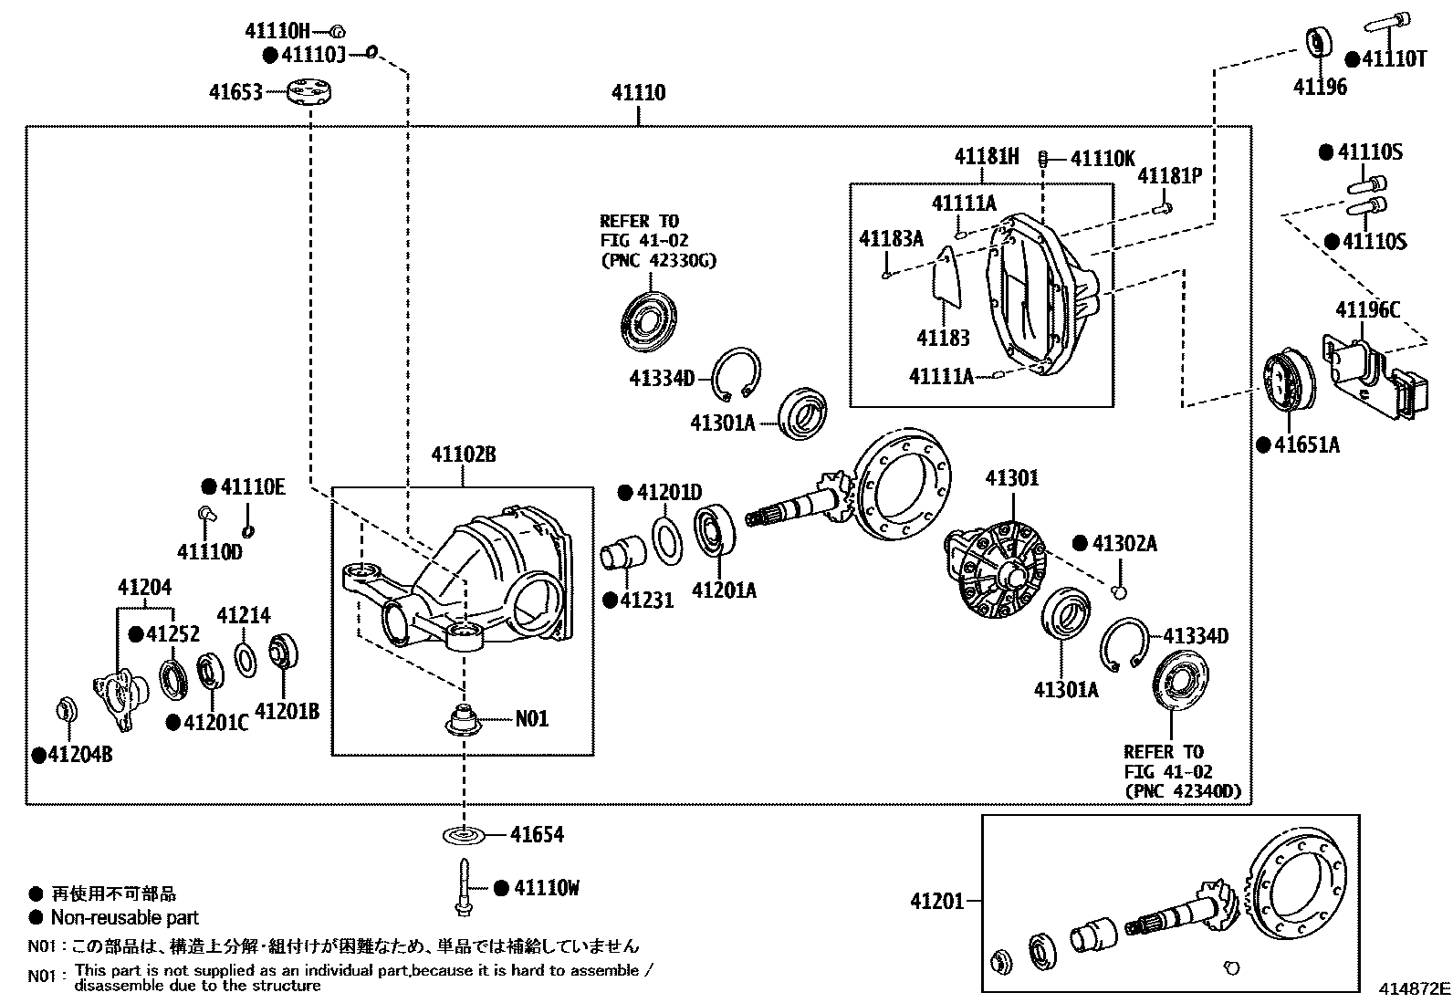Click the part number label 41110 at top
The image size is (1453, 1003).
click(x=638, y=93)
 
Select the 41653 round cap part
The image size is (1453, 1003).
click(x=308, y=91)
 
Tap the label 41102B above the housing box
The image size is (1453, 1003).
click(x=463, y=454)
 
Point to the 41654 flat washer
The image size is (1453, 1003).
click(x=464, y=835)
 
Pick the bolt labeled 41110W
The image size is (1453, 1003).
click(x=464, y=887)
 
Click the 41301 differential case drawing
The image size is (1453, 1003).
click(x=995, y=569)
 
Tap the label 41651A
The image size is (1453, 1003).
click(x=1306, y=445)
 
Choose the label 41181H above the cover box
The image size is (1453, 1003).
click(x=986, y=156)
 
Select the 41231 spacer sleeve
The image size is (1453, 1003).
click(x=622, y=552)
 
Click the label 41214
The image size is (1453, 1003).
click(x=244, y=615)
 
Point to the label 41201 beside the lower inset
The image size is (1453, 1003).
click(x=937, y=901)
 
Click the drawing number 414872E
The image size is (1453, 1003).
click(x=1414, y=988)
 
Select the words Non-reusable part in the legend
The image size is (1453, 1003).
click(x=124, y=917)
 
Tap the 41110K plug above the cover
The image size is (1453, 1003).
click(x=1043, y=158)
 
